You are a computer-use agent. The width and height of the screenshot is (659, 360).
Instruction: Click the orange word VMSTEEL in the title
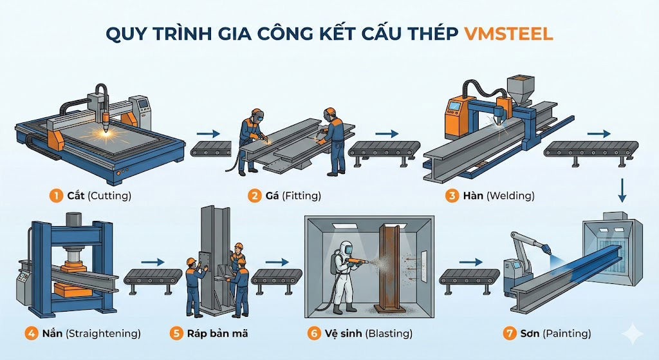tap(508, 34)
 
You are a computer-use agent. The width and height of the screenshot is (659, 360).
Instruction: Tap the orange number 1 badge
tap(56, 196)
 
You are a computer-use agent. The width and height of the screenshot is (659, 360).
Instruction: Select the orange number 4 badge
tap(31, 334)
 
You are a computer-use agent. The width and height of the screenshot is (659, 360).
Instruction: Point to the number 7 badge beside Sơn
tap(510, 334)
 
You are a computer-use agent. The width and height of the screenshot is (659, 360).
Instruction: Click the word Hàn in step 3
tap(473, 196)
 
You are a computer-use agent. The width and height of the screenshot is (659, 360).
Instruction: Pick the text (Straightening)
tap(104, 334)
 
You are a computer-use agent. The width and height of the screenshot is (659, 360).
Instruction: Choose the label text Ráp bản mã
tap(218, 334)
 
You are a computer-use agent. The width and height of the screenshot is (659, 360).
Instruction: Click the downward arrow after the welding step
tap(622, 190)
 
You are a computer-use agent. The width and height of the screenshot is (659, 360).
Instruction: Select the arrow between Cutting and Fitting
tap(209, 134)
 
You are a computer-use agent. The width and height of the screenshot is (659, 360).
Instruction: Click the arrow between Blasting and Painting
tap(470, 262)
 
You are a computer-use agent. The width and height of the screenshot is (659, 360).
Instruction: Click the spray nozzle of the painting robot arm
tap(546, 250)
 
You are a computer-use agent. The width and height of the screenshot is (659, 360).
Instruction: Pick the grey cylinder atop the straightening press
tap(73, 219)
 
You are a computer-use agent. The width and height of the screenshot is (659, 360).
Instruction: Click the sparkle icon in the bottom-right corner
tap(632, 334)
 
